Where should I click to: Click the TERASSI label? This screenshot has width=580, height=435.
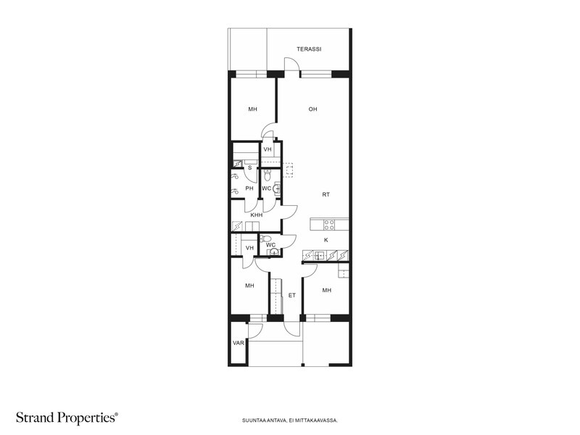(309, 49)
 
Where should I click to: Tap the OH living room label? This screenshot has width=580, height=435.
(313, 109)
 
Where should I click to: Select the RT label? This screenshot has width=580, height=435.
(326, 194)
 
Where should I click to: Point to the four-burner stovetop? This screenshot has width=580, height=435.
(329, 225)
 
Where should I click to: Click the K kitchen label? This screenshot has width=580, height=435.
(326, 240)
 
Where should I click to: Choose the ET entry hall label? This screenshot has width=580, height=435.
(292, 295)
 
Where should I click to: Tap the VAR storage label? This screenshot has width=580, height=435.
(239, 343)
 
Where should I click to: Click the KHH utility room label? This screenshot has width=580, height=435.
(257, 215)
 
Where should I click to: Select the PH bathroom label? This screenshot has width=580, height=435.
(249, 188)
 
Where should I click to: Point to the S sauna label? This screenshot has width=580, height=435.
(250, 168)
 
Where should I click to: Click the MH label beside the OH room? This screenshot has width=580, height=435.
(252, 109)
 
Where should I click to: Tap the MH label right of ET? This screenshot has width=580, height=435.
(327, 291)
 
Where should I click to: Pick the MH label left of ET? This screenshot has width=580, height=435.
(249, 286)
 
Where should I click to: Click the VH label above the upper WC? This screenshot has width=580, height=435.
(268, 149)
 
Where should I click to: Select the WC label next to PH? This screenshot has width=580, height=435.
(266, 188)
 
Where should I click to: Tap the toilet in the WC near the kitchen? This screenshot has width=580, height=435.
(265, 239)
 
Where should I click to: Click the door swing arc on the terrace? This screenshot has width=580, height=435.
(294, 59)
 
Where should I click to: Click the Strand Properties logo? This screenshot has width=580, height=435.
(67, 418)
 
